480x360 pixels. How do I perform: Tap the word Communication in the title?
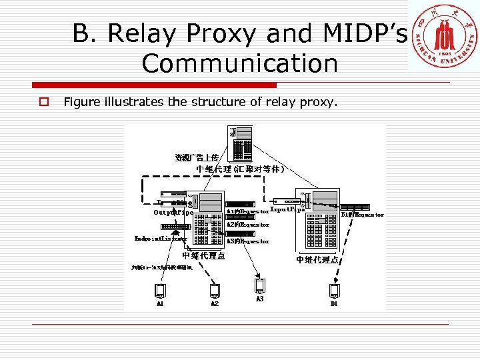[x=239, y=64]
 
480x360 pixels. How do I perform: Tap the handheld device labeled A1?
[x=160, y=291]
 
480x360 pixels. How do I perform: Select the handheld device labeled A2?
[x=215, y=291]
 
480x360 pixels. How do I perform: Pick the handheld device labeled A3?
[x=260, y=286]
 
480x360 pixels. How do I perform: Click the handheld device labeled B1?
[x=334, y=291]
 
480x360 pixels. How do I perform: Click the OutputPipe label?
[x=173, y=213]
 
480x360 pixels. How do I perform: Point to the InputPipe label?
[x=287, y=209]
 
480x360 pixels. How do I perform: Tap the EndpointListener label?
[x=160, y=239]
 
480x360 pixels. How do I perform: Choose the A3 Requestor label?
[x=247, y=241]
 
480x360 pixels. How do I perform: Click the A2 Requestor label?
[x=247, y=225]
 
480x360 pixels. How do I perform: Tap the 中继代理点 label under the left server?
[x=203, y=255]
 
